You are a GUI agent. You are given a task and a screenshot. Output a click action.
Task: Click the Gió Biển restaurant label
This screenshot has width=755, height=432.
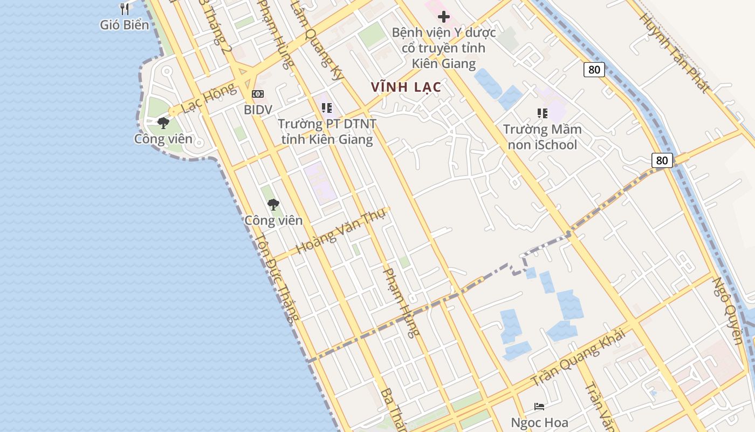click(125, 24)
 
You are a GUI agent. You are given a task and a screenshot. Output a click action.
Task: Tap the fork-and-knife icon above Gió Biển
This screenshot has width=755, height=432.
click(125, 9)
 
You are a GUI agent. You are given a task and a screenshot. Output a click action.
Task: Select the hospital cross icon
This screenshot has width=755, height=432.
click(443, 17)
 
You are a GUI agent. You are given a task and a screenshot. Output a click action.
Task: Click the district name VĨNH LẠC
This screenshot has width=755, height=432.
click(406, 86)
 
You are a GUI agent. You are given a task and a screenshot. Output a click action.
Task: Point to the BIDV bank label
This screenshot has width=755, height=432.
click(258, 110)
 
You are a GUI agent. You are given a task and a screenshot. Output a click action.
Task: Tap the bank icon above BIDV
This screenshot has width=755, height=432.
click(258, 94)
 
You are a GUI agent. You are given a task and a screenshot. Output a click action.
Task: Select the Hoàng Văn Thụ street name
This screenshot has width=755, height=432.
click(341, 232)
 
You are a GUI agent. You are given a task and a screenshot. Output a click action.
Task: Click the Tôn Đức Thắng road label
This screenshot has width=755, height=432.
click(277, 279)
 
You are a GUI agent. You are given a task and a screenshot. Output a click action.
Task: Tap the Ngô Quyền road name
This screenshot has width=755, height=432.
click(729, 310)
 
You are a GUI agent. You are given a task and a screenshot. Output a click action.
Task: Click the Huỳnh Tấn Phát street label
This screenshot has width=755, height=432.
click(674, 53)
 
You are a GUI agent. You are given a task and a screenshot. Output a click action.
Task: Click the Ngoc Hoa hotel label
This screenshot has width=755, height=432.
click(540, 422)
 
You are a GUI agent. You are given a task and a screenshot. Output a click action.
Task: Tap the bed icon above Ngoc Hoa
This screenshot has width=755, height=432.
click(539, 406)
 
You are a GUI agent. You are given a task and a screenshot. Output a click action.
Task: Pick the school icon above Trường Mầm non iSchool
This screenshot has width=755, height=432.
click(542, 113)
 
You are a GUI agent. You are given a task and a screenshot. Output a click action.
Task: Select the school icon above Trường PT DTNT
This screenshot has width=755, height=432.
click(326, 108)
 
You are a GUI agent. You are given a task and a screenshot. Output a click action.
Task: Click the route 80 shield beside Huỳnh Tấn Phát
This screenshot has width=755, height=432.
click(594, 69)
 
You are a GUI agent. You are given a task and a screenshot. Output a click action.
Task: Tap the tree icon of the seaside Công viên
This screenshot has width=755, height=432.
click(163, 123)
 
